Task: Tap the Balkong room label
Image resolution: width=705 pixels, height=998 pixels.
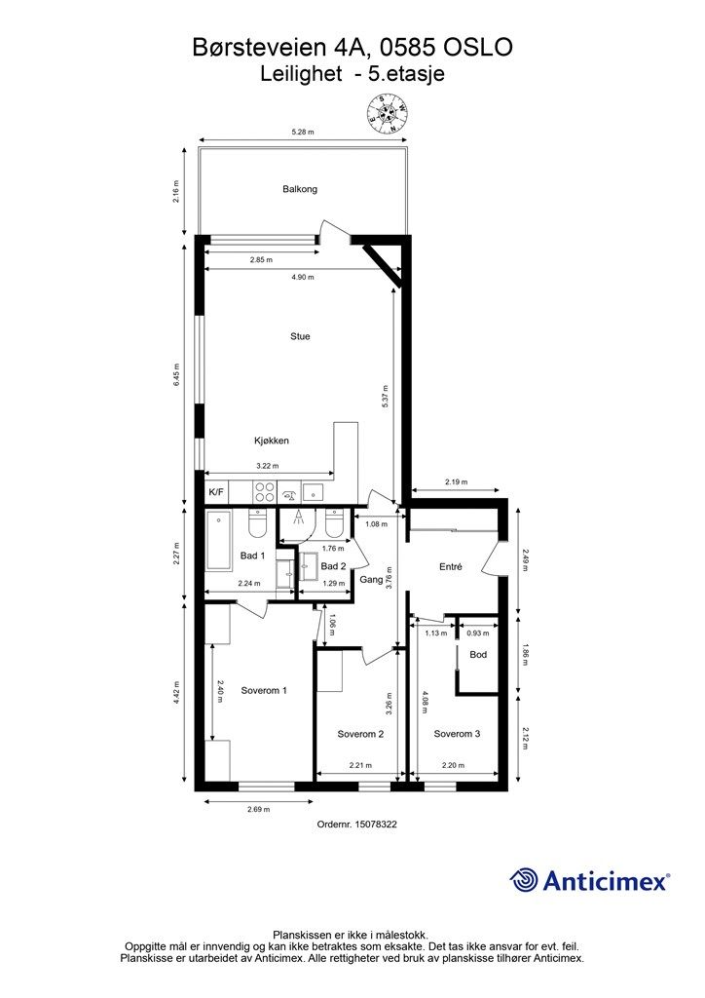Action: [300, 189]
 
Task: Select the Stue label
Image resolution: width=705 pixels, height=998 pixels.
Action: [300, 336]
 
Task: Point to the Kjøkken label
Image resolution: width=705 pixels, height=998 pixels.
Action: [272, 440]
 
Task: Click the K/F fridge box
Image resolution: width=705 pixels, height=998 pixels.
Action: [216, 491]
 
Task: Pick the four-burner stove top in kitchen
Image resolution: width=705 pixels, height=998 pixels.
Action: [265, 491]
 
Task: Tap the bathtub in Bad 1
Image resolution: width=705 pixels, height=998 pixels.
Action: [219, 541]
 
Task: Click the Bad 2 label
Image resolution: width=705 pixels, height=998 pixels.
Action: [333, 566]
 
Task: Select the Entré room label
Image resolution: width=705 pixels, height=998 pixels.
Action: [451, 566]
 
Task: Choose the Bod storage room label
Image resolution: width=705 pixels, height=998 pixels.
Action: [478, 654]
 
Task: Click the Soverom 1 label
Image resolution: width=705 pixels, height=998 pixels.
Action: [264, 690]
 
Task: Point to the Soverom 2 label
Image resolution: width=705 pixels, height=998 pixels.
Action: [360, 734]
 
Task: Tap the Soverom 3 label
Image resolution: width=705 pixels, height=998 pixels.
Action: [457, 733]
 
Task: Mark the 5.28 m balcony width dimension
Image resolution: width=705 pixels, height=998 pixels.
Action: [303, 133]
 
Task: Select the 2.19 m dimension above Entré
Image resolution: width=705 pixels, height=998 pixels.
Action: [455, 481]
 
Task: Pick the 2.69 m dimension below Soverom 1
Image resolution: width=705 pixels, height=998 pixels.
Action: [258, 809]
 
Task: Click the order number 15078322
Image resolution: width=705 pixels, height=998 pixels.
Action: [375, 824]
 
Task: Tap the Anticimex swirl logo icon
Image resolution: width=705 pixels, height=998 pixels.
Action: [524, 880]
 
